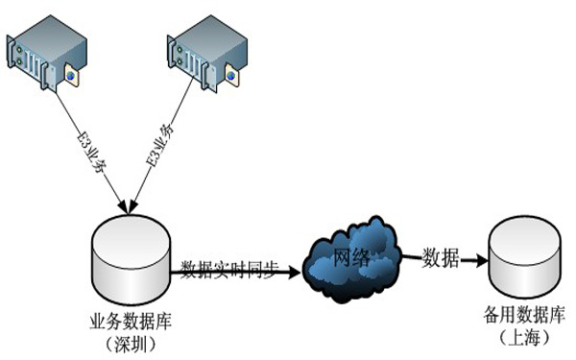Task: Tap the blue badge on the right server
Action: (230, 72)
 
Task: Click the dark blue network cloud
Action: (350, 254)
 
